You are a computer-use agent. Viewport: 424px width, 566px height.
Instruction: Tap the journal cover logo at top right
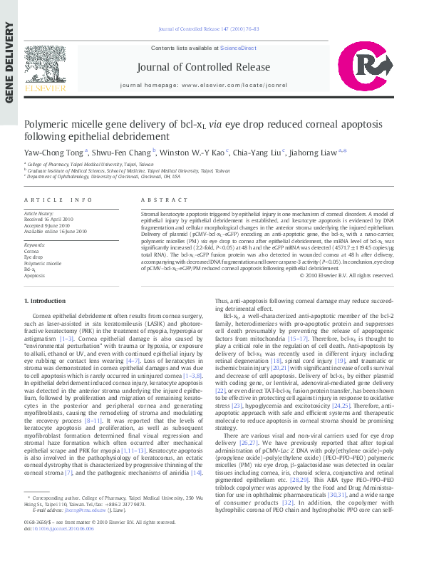(376, 67)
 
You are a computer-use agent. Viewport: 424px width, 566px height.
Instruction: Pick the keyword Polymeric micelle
(43, 263)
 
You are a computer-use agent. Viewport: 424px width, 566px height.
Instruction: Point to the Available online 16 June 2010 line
(56, 231)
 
